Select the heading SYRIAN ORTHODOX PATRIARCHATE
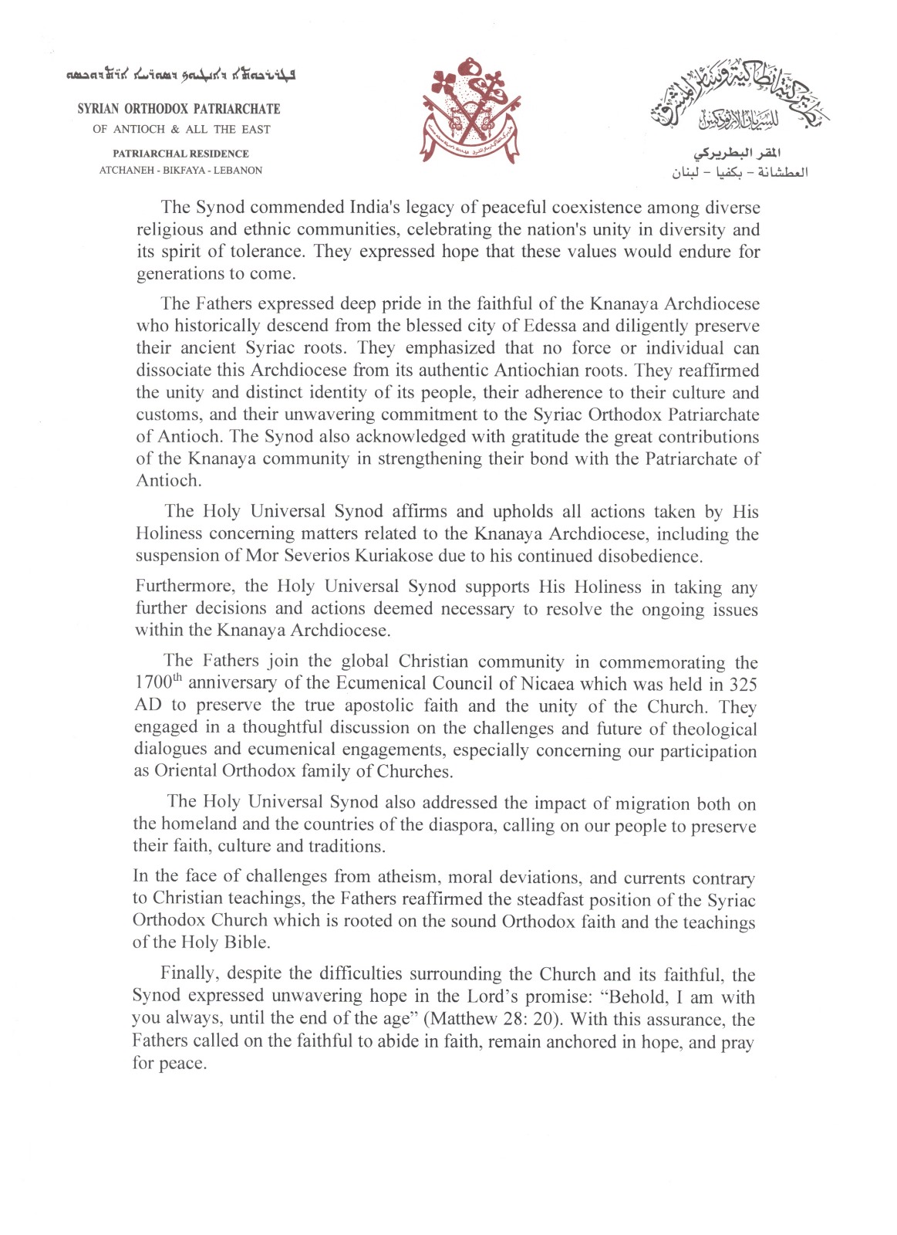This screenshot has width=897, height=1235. pos(179,110)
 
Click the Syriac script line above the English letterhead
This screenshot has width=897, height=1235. pos(180,76)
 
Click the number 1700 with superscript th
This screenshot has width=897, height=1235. pos(157,684)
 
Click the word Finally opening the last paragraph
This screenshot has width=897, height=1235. pos(185,974)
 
